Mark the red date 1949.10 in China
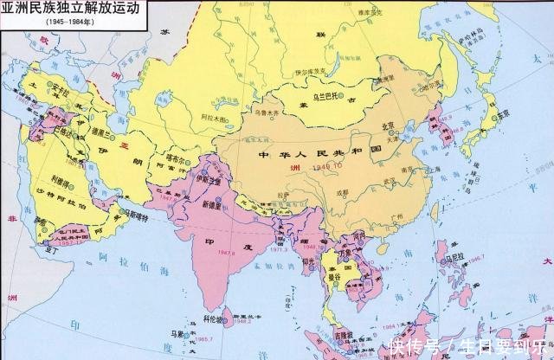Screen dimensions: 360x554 [x=323, y=163]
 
